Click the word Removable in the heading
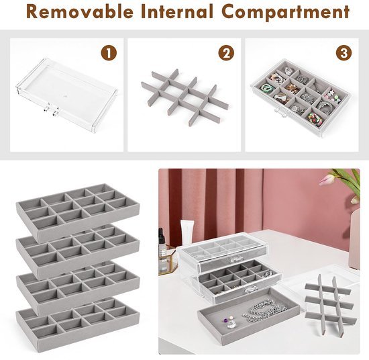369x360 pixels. click(80, 12)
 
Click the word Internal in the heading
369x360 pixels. click(177, 12)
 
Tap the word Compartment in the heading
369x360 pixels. click(285, 12)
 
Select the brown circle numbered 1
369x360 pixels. click(109, 53)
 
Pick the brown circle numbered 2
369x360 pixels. click(226, 53)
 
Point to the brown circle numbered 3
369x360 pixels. click(344, 53)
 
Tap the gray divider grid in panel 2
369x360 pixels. click(185, 97)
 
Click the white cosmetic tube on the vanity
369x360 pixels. click(187, 233)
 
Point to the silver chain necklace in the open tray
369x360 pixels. click(264, 310)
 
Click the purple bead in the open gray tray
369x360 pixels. click(225, 320)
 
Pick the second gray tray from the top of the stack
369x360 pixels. click(78, 252)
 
